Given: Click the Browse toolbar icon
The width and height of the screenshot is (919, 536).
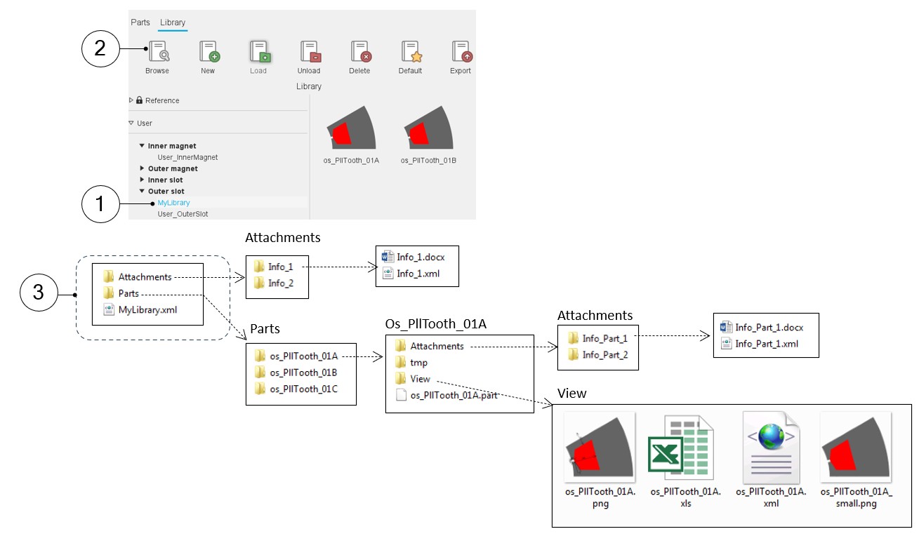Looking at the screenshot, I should click(157, 53).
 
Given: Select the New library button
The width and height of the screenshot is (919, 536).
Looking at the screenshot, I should click(208, 53).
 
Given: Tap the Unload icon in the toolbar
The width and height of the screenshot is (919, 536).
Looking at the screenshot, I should click(309, 53).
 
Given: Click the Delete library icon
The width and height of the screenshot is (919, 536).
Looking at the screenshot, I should click(359, 53).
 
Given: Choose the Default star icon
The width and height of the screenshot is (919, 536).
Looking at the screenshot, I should click(410, 53).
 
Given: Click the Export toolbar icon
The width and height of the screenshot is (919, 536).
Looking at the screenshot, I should click(461, 53).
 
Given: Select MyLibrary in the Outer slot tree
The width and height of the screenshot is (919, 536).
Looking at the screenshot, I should click(173, 203).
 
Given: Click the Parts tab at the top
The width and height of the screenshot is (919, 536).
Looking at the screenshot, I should click(140, 22).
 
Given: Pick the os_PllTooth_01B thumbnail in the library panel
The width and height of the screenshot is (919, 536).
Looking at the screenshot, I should click(428, 133).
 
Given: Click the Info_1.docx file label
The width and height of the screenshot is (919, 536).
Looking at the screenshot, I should click(420, 257).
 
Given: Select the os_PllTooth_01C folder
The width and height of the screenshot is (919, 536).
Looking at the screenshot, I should click(303, 389).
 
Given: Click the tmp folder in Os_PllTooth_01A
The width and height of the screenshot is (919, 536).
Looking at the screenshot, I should click(418, 363).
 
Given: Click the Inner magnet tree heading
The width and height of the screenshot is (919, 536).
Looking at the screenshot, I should click(172, 146).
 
